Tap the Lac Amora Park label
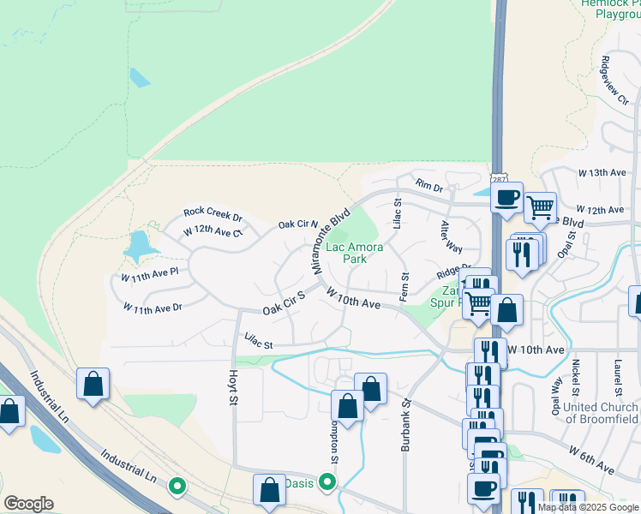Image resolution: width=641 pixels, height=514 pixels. tap(348, 253)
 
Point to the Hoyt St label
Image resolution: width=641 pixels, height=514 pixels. tap(232, 389)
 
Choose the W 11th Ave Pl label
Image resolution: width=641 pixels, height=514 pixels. tap(149, 276)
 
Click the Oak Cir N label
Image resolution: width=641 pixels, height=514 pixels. tap(297, 224)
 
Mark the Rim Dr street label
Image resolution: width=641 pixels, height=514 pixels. tap(428, 185)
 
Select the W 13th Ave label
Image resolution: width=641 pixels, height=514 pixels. tap(602, 172)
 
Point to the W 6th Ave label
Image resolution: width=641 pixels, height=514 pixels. tap(591, 459)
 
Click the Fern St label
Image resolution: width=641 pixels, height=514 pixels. tap(404, 286)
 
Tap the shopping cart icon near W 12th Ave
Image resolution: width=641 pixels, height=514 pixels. tap(540, 206)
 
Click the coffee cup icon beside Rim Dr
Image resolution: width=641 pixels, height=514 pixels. tap(506, 197)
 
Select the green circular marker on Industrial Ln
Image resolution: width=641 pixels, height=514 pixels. tap(178, 487)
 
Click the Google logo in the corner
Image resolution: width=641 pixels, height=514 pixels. tap(28, 504)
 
